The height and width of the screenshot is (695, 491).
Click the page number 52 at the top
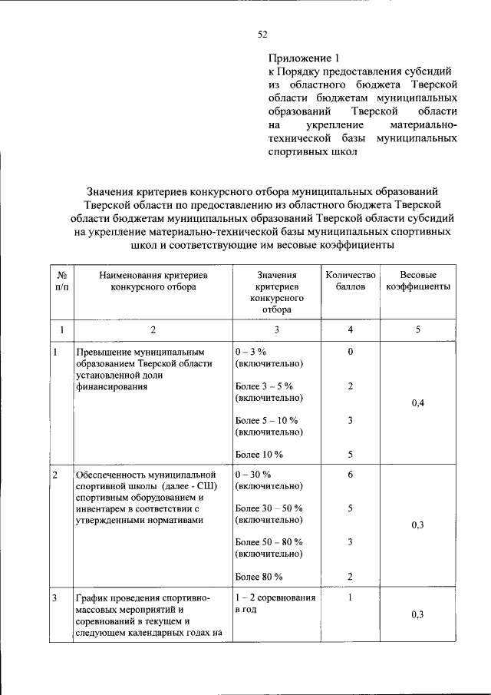click(x=262, y=34)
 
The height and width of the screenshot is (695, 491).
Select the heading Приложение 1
click(x=303, y=58)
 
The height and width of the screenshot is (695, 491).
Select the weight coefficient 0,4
click(x=418, y=404)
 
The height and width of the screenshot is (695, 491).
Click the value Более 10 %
click(x=259, y=454)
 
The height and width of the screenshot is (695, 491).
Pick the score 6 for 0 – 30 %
click(x=350, y=475)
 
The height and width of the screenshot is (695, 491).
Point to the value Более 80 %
click(x=259, y=577)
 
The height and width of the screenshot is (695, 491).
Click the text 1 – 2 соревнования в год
click(x=275, y=603)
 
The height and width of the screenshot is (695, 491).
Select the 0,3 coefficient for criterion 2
click(x=418, y=525)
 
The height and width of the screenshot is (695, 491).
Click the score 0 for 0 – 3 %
click(x=350, y=352)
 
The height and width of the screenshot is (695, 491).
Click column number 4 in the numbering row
click(x=350, y=329)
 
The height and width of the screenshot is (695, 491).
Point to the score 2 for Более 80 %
click(x=350, y=577)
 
